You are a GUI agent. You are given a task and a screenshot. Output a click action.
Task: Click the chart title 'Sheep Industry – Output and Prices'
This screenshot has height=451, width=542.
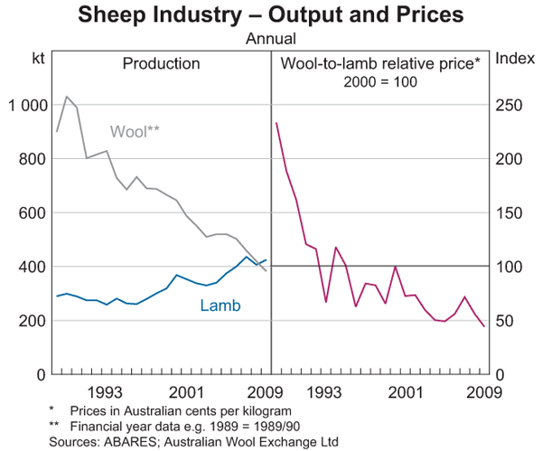coord(270,15)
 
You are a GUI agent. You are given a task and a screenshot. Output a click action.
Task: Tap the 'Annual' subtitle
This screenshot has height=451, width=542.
coord(271,40)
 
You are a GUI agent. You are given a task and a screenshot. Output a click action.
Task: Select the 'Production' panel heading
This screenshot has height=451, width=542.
coord(161,63)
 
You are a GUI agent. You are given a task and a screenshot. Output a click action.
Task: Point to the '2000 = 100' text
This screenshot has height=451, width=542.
coord(379,81)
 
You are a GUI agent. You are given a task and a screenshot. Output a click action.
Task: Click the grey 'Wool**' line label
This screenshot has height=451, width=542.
coord(135,131)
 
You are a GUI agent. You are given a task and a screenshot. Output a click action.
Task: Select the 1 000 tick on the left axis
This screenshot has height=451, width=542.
coord(25,106)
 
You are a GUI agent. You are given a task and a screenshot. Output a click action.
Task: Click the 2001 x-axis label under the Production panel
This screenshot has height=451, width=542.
coord(188,392)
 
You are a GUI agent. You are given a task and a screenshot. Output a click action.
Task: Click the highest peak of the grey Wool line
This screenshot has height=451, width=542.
coord(67,96)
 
